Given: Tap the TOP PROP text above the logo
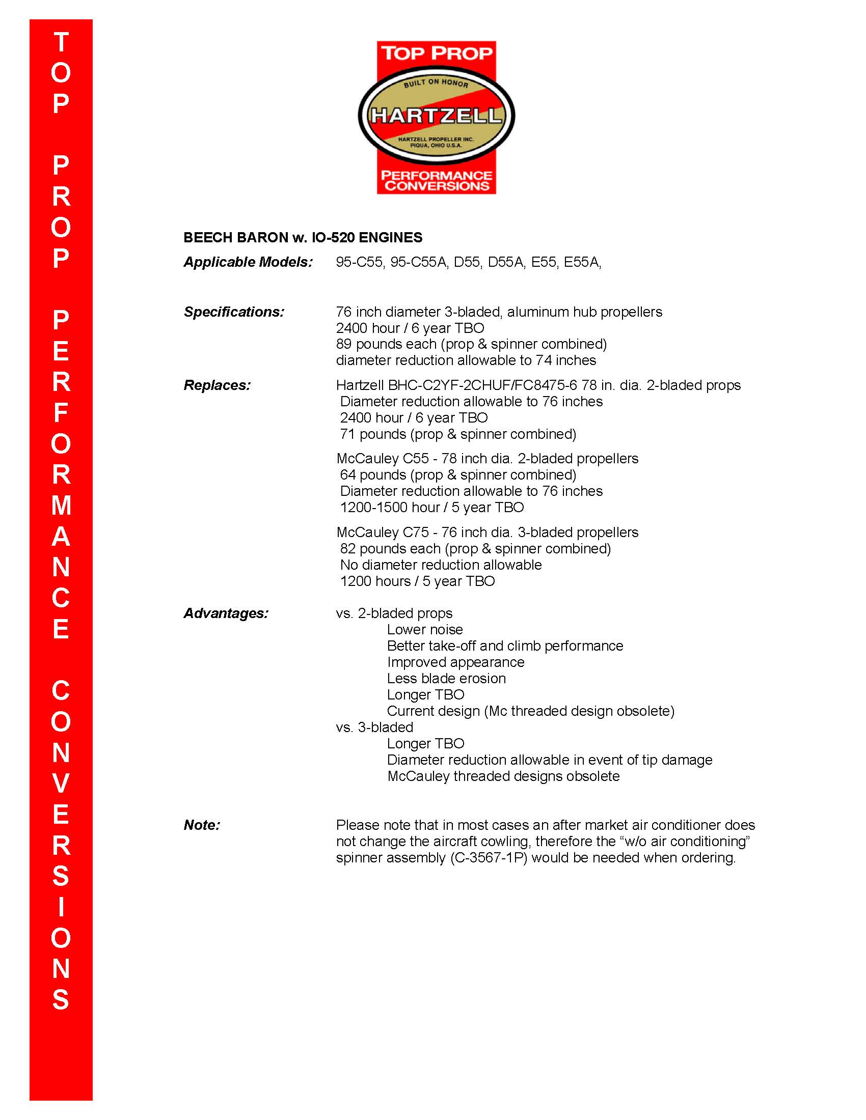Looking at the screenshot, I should [x=436, y=53].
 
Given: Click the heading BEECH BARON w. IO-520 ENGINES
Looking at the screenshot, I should [x=303, y=237].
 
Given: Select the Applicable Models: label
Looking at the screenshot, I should [x=248, y=262].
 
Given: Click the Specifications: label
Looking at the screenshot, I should [x=234, y=312].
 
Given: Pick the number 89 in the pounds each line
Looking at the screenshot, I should [x=344, y=344].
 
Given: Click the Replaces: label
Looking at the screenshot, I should [x=217, y=385].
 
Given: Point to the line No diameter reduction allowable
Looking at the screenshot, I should [x=441, y=565].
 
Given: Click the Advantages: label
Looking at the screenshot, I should [x=226, y=613].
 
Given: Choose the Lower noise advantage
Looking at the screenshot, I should [x=425, y=630].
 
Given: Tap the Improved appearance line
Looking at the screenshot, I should [x=455, y=662].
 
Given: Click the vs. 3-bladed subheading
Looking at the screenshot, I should [x=374, y=727].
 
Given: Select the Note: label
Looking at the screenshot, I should [x=202, y=825].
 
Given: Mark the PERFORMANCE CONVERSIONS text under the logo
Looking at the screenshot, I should [x=436, y=181].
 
